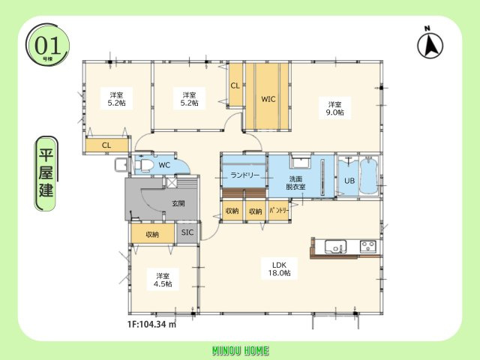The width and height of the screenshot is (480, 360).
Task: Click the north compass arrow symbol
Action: (x=430, y=45)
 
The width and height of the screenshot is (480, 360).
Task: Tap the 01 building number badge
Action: (x=47, y=45)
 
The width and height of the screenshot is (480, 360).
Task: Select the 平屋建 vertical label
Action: (x=46, y=173)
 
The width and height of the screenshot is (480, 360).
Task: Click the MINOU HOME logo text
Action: (x=240, y=351)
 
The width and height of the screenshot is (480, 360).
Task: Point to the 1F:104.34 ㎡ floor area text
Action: (x=151, y=324)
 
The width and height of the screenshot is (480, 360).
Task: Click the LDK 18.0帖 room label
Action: (x=279, y=268)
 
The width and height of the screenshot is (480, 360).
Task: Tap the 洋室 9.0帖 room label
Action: (x=335, y=108)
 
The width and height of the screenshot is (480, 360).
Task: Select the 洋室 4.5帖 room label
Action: (x=163, y=280)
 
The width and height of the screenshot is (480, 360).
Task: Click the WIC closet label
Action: (x=268, y=99)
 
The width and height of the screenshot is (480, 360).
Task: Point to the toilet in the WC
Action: (x=144, y=165)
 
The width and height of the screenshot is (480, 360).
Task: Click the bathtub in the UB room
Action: (x=368, y=175)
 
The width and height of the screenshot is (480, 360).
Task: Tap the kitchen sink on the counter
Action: (x=335, y=247)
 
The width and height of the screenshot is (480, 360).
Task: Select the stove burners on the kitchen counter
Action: (x=368, y=247)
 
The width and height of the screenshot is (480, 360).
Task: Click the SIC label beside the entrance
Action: (x=187, y=232)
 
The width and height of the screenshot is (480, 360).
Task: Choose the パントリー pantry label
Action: (x=278, y=211)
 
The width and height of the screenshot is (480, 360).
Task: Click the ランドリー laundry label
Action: (x=244, y=175)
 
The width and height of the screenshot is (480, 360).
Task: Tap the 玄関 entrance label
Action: (x=178, y=203)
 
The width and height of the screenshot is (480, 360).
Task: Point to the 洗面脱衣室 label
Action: (x=295, y=182)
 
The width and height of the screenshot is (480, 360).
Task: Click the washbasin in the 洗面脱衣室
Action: (x=301, y=161)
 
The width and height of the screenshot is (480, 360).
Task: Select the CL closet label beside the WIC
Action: (x=235, y=85)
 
